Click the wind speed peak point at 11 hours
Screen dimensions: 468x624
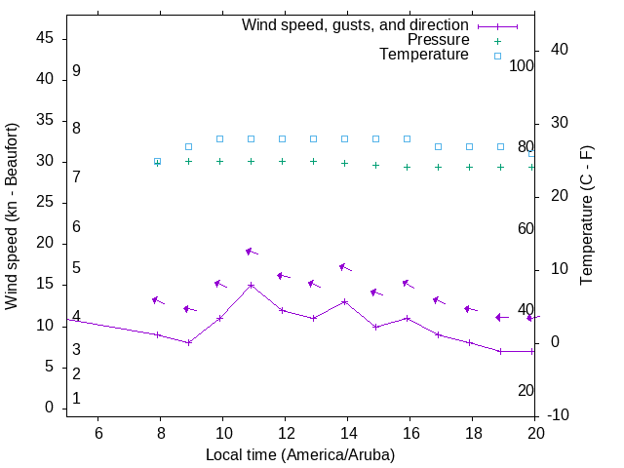(x=251, y=286)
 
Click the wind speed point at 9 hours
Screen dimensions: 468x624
(x=188, y=342)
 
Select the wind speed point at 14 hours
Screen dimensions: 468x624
(x=344, y=301)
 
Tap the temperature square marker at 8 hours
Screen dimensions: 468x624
(x=157, y=161)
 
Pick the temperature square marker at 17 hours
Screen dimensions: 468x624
(x=438, y=146)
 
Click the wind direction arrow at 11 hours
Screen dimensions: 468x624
(x=251, y=252)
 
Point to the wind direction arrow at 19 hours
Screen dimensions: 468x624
(x=501, y=317)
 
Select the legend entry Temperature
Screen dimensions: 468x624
(x=424, y=55)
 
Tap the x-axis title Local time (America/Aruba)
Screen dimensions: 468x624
(x=300, y=455)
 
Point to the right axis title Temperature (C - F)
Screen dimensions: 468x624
(x=586, y=216)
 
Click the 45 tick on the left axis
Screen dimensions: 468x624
(x=44, y=38)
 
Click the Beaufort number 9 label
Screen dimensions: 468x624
(x=76, y=71)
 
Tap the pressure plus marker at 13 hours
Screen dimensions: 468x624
(x=313, y=161)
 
